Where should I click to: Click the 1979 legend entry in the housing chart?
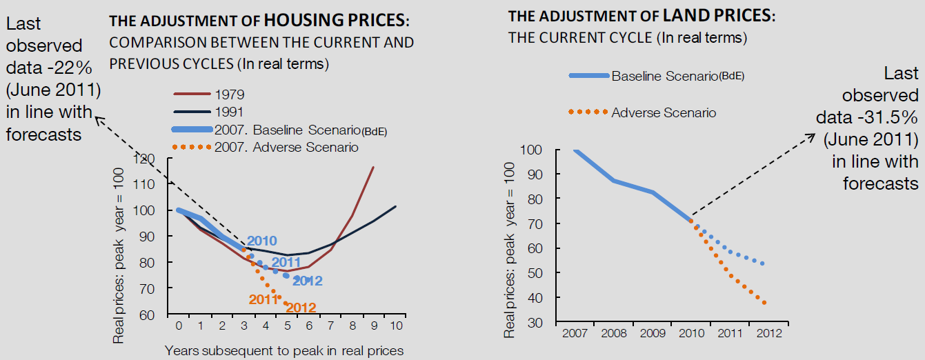230,94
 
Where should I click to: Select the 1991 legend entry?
230,111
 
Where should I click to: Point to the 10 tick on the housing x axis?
395,325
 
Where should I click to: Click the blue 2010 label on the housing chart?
261,241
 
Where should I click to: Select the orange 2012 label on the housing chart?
301,308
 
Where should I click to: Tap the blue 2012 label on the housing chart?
307,281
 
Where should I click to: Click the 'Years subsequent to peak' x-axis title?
284,350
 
